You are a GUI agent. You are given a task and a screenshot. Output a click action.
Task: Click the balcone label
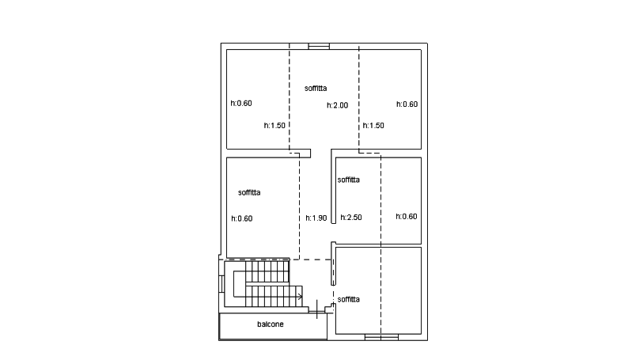pos(270,324)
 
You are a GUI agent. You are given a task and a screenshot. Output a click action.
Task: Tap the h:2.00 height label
pos(338,105)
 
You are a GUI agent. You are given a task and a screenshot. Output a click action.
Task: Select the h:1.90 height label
pos(316,218)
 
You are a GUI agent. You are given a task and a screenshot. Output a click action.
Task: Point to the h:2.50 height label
pos(351,218)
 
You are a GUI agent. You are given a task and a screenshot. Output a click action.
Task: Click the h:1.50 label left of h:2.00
pos(274,126)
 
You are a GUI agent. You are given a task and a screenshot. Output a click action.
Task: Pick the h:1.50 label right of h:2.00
pos(373,126)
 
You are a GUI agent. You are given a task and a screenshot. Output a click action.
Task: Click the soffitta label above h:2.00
pos(316,88)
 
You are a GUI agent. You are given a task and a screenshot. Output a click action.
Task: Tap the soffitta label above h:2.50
pos(348,180)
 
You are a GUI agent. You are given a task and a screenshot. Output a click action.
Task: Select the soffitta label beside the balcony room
pos(348,300)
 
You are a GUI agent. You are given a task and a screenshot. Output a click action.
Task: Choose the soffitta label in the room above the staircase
pos(249,192)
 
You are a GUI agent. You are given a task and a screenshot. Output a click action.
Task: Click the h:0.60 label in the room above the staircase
pos(242,218)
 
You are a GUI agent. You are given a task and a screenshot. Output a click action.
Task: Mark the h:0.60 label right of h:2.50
pos(407,217)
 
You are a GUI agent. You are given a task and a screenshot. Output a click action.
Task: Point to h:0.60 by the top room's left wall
pos(241,103)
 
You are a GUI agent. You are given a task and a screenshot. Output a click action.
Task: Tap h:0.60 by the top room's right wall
pos(407,104)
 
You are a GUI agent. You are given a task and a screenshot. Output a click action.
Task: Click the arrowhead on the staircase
pos(300,297)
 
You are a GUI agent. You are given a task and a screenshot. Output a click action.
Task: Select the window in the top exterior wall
pos(319,47)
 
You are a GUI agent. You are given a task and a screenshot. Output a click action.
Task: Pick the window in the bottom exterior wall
pos(381,337)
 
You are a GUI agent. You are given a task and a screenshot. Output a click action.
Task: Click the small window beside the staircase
pos(221,284)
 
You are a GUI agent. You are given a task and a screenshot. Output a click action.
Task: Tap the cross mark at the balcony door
pos(316,309)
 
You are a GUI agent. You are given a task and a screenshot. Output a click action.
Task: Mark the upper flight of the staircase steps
pos(267,272)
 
